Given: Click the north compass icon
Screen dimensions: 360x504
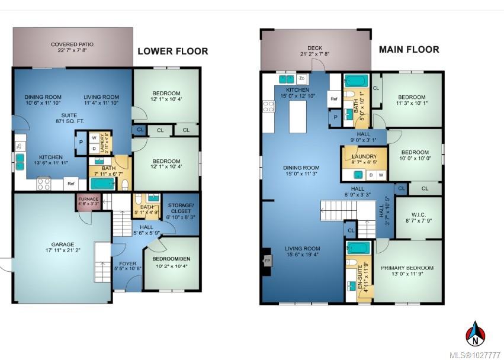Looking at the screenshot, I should pos(474,334).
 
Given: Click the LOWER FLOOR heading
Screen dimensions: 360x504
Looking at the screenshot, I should pos(172,51).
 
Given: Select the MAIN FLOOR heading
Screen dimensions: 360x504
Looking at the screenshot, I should pos(409,49).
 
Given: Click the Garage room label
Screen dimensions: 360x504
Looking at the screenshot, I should pos(62,244).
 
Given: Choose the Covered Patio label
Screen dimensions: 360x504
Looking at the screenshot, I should pos(72,44).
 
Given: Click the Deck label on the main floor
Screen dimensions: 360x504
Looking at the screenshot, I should pos(314,49).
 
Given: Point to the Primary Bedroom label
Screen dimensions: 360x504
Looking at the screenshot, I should pos(407,268).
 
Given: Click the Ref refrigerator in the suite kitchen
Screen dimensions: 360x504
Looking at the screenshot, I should pos(70,184).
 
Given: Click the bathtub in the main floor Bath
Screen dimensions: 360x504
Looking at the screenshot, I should pos(357,80).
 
